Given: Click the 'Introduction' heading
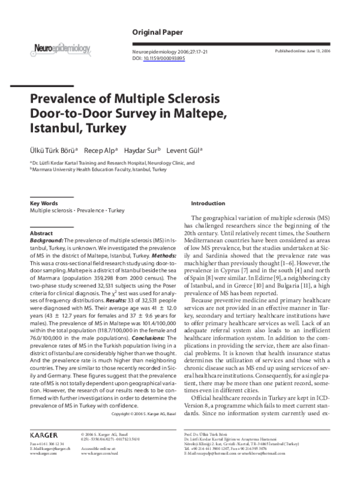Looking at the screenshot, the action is tap(208, 204).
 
